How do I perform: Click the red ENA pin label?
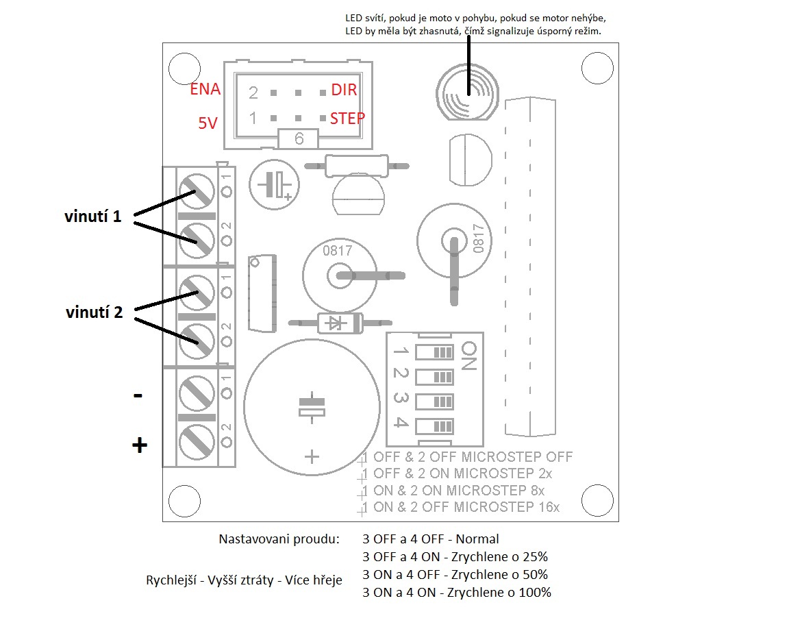tap(205, 90)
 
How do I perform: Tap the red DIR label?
tap(344, 90)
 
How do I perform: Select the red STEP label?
tap(347, 118)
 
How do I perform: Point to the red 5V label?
tap(208, 123)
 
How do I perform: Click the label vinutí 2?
tap(94, 312)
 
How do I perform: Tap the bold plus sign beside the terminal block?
tap(139, 445)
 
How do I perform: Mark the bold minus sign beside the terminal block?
tap(138, 395)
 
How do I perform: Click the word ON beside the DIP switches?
tap(468, 356)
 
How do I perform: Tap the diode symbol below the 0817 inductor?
tap(335, 322)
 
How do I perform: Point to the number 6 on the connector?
tap(299, 138)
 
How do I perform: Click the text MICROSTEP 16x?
tap(507, 507)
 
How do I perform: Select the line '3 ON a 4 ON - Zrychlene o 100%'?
tap(457, 592)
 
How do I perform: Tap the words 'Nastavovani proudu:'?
tap(279, 539)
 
